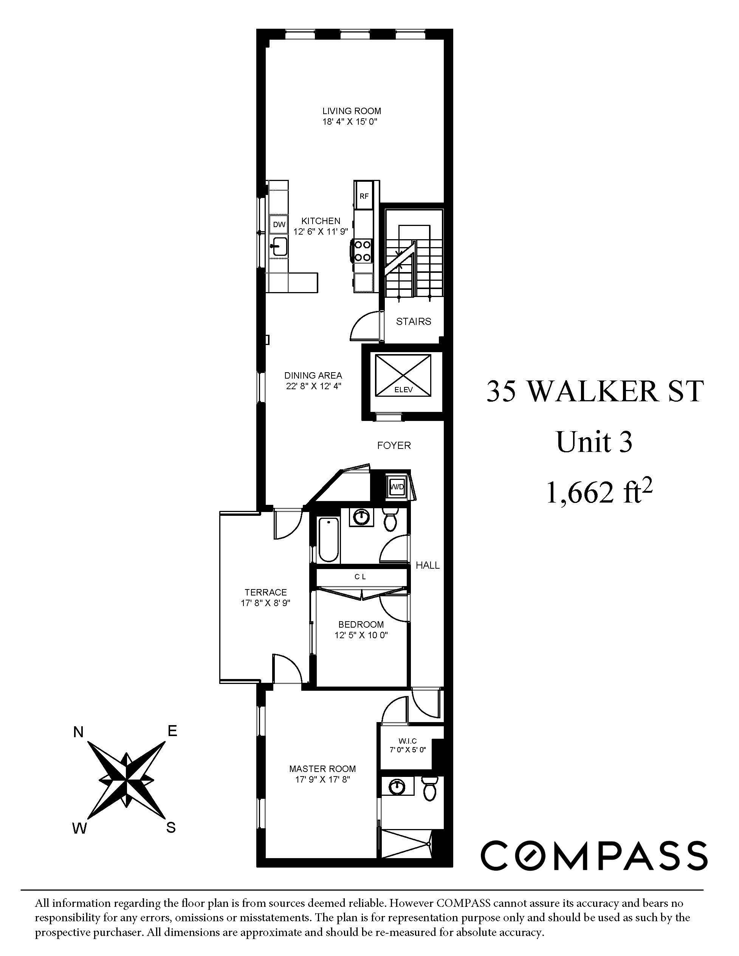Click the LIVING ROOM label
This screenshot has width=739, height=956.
coord(352,111)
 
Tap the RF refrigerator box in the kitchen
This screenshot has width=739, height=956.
coord(364,196)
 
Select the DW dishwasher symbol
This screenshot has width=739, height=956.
coord(279,224)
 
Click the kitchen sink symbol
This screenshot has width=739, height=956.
coord(279,246)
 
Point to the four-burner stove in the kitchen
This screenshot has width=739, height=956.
coord(363,251)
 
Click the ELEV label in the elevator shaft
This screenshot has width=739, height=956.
coord(403,389)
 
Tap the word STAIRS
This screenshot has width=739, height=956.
coord(413,321)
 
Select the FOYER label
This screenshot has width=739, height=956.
coord(394,445)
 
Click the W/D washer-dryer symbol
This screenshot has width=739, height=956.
coord(397,487)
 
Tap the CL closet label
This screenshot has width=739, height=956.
coord(360,577)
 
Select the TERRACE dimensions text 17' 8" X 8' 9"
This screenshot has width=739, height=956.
coord(266,603)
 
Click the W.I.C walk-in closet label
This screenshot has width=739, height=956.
coord(407,741)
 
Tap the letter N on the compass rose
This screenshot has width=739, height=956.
coord(78,732)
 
